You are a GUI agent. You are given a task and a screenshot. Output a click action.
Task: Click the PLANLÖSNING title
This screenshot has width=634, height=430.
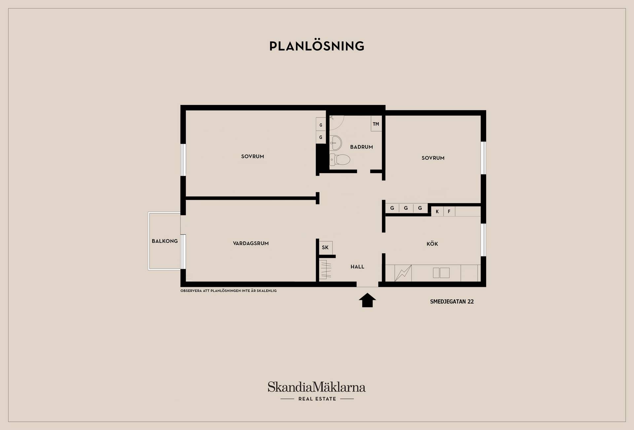(x=317, y=46)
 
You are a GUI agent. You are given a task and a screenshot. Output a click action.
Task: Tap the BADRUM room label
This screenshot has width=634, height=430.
(x=362, y=147)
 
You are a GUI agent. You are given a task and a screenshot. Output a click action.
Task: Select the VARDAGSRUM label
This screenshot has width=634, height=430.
(x=251, y=243)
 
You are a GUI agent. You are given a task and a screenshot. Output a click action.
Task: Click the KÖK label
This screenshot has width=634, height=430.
(x=432, y=244)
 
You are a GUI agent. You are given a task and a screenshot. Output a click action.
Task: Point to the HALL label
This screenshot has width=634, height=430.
(x=357, y=267)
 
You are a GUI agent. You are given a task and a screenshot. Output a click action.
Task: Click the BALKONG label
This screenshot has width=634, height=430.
(x=165, y=241)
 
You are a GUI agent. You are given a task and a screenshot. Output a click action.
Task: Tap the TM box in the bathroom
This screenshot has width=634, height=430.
(x=376, y=124)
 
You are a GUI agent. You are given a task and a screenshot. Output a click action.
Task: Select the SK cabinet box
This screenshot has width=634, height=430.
(x=326, y=248)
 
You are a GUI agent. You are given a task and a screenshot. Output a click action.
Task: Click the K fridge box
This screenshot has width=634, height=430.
(x=437, y=211)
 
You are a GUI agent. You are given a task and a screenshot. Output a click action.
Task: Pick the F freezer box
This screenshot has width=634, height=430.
(x=449, y=211)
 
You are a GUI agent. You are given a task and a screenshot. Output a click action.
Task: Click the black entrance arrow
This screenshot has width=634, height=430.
(x=367, y=300)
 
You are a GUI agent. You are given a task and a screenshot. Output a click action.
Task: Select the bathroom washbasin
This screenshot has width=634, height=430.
(x=335, y=143)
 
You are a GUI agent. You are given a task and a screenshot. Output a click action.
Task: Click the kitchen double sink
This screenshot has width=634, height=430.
(x=441, y=273)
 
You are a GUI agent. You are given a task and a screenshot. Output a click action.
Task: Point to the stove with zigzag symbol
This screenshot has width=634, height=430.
(x=403, y=273)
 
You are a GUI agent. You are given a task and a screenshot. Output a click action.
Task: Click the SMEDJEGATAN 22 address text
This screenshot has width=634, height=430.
(x=452, y=302)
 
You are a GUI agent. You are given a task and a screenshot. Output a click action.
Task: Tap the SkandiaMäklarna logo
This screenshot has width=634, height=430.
(x=317, y=387)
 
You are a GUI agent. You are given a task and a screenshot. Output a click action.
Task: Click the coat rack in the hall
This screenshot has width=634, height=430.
(x=326, y=269)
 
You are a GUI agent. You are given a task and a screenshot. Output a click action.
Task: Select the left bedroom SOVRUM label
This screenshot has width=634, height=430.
(x=253, y=157)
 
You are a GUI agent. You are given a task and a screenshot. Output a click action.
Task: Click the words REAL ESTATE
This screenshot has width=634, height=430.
(x=317, y=399)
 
